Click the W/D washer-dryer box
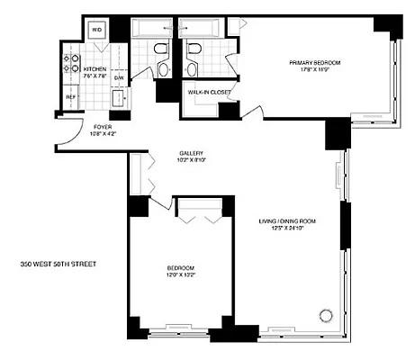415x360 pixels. point(97,30)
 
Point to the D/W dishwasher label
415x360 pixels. point(118,78)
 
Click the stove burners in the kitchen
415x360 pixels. point(68,64)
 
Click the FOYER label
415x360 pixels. point(102,126)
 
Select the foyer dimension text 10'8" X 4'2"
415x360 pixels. point(102,133)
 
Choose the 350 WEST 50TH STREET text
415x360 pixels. point(58,265)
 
